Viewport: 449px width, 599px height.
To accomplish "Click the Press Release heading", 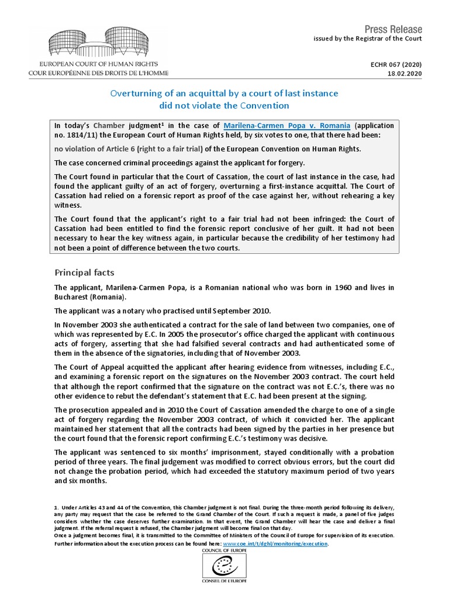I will [393, 29].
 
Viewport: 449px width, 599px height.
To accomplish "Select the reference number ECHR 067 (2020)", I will [396, 64].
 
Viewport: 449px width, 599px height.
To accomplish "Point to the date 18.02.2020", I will [406, 74].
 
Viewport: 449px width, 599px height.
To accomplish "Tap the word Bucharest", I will [73, 297].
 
